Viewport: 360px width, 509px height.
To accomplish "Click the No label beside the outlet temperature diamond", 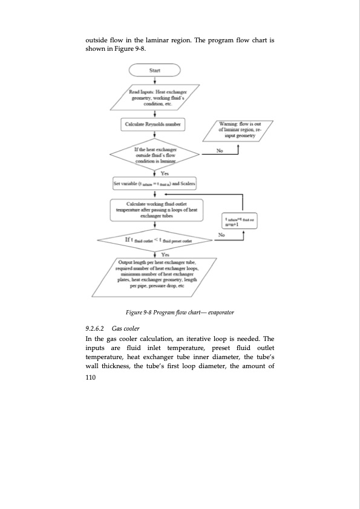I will tap(222, 234).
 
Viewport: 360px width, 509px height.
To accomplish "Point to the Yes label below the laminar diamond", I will tap(165, 172).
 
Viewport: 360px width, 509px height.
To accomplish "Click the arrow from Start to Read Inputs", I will tap(155, 79).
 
